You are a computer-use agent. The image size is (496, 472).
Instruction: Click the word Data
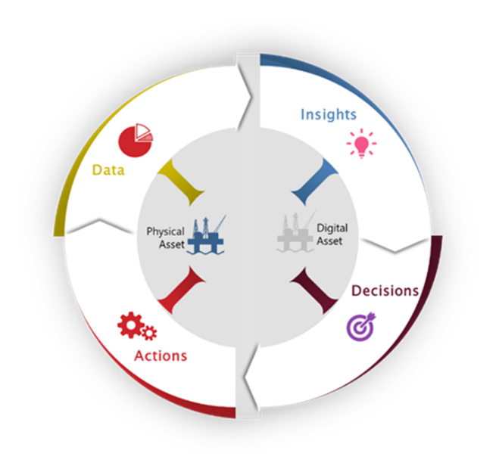[108, 170]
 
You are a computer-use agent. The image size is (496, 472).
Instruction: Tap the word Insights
[328, 114]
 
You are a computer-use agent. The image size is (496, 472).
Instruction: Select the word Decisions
[384, 290]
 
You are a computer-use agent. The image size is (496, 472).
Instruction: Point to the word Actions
[161, 355]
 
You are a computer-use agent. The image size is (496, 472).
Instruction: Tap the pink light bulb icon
[360, 143]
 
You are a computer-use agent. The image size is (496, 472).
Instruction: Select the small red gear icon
[149, 332]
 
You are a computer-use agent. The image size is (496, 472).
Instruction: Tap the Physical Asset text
[165, 238]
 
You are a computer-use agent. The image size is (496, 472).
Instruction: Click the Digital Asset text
[331, 234]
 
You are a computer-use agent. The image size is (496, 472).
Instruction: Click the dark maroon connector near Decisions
[314, 288]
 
